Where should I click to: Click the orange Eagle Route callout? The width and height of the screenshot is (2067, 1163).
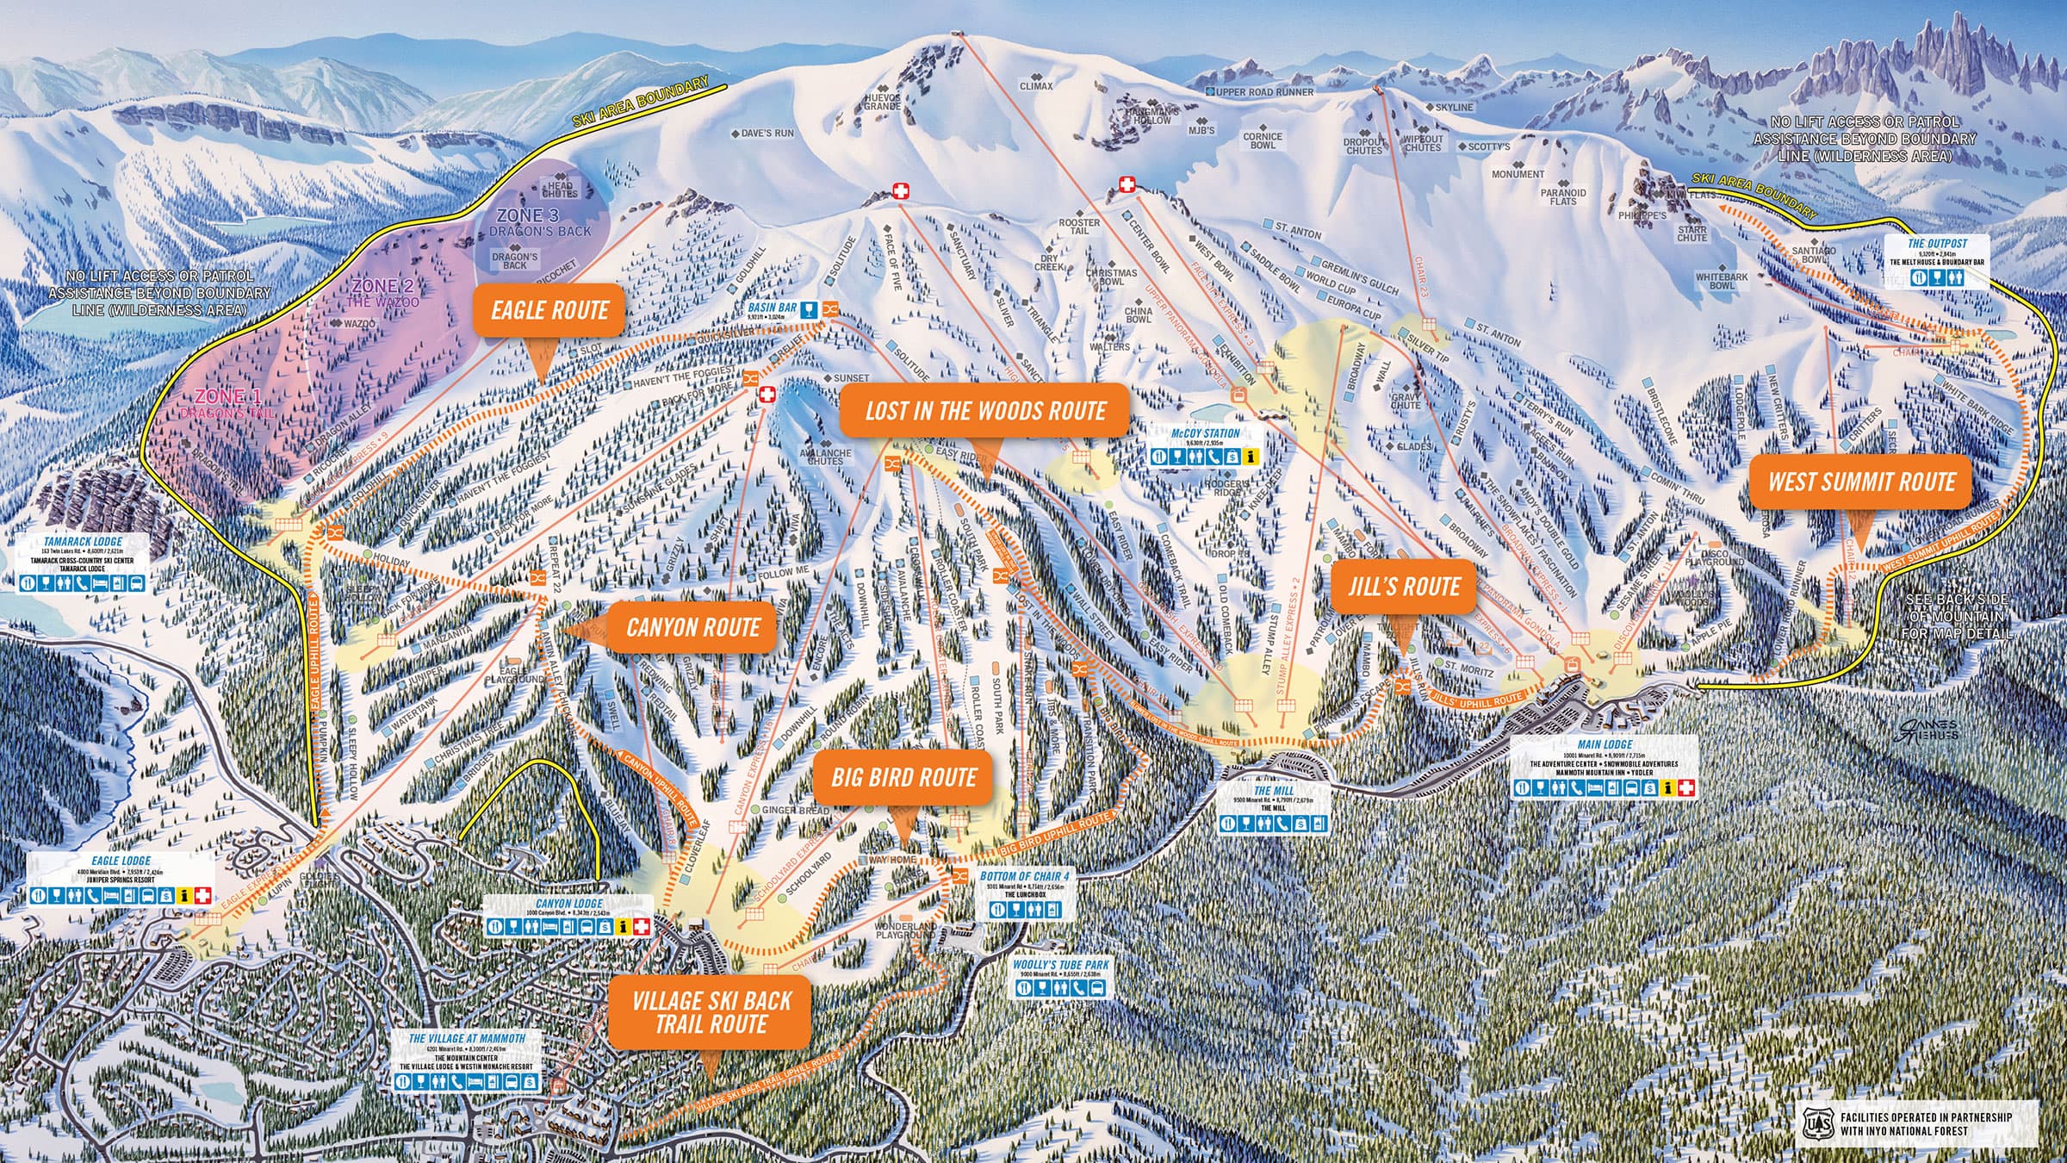click(549, 311)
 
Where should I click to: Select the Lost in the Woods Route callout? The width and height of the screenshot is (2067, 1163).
click(985, 410)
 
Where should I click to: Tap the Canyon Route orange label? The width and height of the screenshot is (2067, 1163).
click(692, 627)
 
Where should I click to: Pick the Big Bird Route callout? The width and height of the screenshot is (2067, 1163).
click(903, 778)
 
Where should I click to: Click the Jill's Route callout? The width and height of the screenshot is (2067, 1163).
click(1403, 587)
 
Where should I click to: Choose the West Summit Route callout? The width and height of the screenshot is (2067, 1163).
click(1861, 482)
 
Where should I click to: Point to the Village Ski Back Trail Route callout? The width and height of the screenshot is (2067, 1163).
click(711, 1012)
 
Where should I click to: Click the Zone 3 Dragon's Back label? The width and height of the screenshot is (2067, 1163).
click(540, 221)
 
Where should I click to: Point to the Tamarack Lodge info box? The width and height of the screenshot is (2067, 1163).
click(84, 564)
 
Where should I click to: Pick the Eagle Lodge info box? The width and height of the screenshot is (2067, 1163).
click(121, 880)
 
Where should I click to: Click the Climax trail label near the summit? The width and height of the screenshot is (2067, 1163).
click(1036, 86)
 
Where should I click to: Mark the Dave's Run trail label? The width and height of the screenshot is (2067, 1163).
click(762, 134)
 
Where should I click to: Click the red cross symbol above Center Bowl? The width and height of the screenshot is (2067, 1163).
click(1127, 184)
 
